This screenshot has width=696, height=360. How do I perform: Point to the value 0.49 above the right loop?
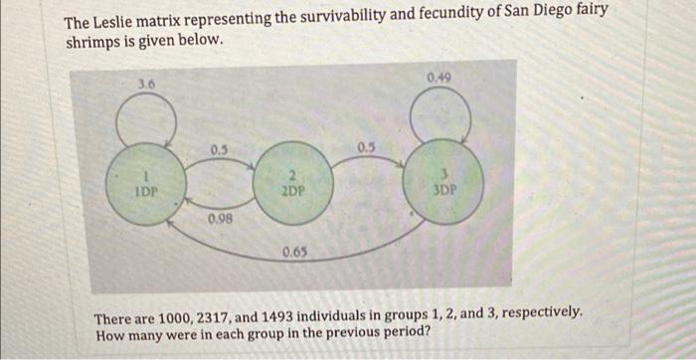coord(439,76)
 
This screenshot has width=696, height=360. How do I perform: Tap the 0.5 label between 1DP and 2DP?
coord(219,150)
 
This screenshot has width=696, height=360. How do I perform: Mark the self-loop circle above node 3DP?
coord(441,115)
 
